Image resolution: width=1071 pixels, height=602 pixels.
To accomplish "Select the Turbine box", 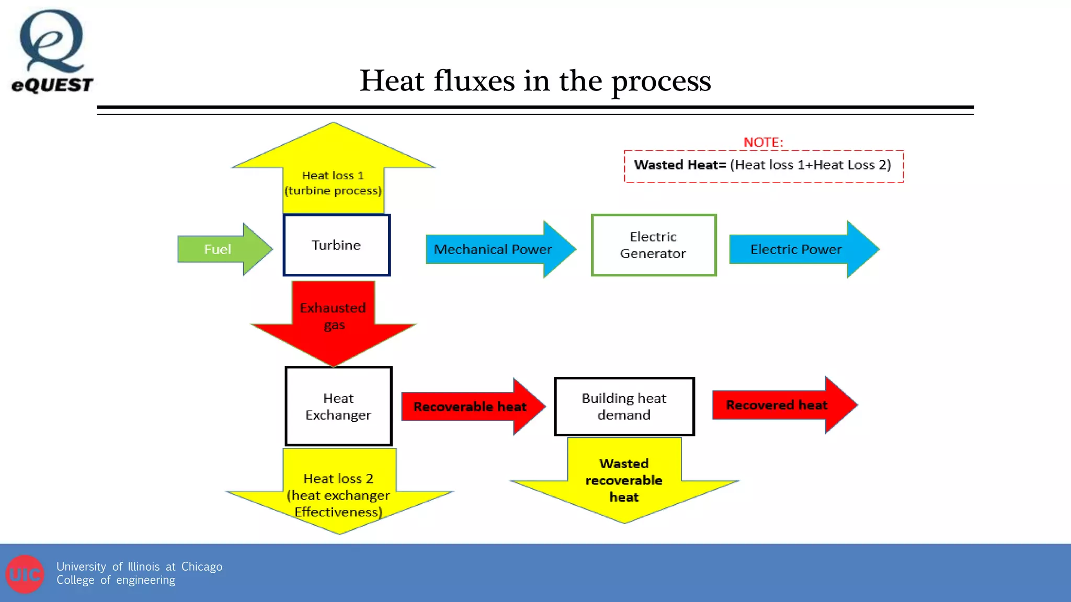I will [x=336, y=245].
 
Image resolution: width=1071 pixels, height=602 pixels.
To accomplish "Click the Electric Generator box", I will [x=653, y=245].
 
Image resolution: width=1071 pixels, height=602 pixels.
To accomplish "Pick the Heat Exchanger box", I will [x=338, y=406].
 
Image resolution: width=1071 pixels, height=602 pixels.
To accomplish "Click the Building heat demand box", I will [x=624, y=406].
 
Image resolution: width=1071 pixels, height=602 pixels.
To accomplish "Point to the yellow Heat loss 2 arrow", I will [x=339, y=494].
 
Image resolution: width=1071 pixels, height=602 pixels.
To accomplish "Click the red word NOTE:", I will [x=763, y=142].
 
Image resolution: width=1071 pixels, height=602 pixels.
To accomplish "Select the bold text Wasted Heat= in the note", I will [x=680, y=165].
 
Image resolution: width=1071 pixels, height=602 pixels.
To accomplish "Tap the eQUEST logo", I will [x=52, y=51].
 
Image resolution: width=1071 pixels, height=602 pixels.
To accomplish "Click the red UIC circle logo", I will [x=25, y=574].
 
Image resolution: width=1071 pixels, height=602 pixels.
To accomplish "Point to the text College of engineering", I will [x=116, y=580].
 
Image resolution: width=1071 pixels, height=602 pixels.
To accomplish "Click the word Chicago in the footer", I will [x=201, y=566].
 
